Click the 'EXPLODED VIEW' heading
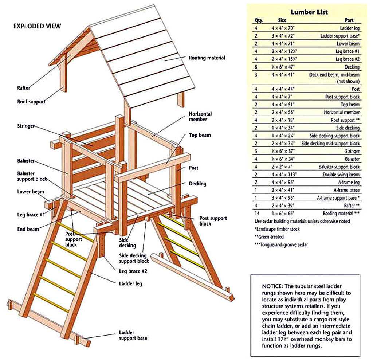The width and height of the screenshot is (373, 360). tap(37, 26)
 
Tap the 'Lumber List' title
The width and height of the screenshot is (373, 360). tap(309, 12)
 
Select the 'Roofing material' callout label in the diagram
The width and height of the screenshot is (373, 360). tap(207, 58)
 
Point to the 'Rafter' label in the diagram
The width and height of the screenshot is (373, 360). tap(24, 88)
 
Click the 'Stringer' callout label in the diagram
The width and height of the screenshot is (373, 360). tap(26, 126)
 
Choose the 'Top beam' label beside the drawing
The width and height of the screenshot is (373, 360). tap(200, 135)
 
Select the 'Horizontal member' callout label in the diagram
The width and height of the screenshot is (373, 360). tap(200, 116)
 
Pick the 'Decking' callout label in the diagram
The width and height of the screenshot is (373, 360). tap(197, 183)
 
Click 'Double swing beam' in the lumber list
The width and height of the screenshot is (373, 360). tap(341, 174)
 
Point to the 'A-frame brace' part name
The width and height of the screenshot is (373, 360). tap(347, 190)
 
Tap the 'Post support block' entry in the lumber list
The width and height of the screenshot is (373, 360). tap(342, 97)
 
